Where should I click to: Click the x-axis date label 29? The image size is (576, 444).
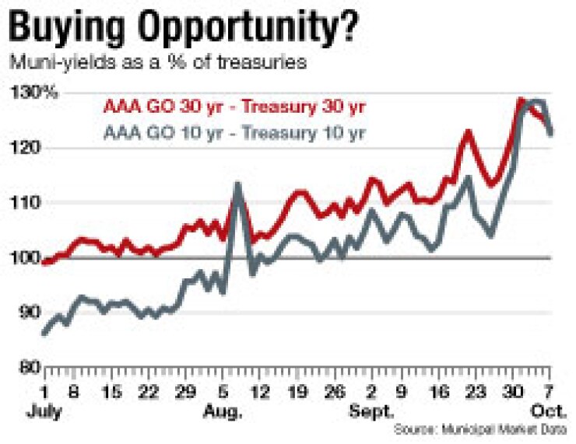coord(187,392)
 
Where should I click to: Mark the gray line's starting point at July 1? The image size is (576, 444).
coord(44,333)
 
